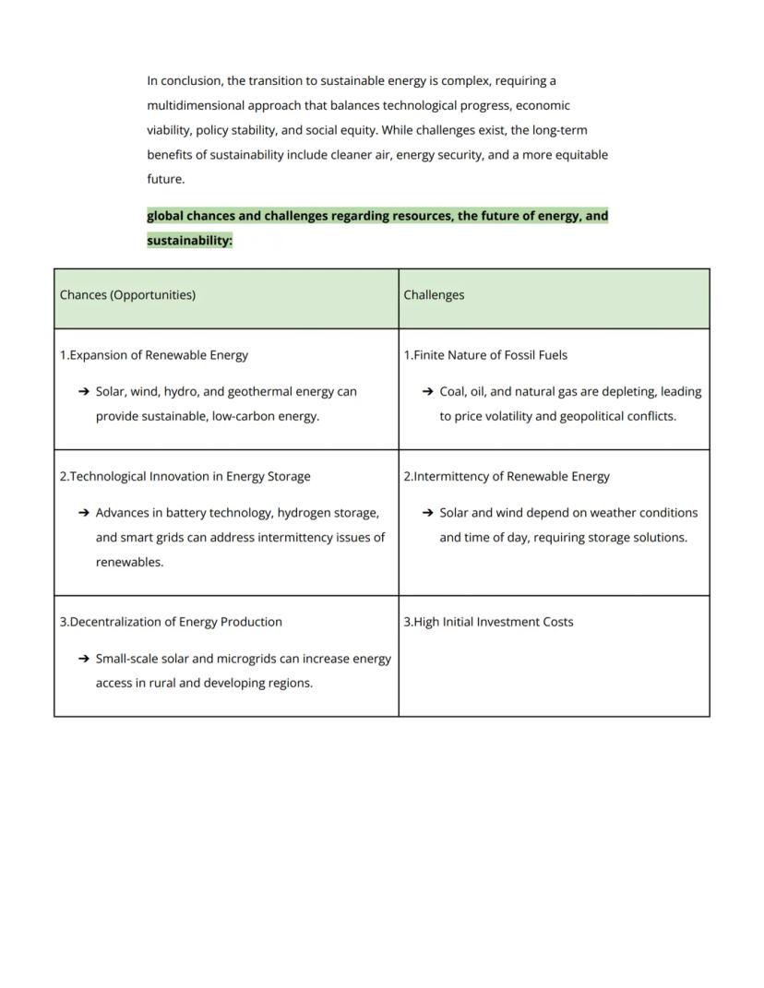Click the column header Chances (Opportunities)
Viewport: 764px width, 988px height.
(127, 295)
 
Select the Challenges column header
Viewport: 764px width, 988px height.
(434, 295)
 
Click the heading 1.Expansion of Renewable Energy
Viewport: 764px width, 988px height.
(153, 355)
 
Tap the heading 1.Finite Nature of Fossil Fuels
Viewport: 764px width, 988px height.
(485, 355)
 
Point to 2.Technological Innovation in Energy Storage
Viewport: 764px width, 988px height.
(185, 477)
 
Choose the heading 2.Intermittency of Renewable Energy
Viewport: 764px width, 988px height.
(507, 477)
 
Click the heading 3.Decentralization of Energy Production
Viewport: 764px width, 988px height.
(171, 622)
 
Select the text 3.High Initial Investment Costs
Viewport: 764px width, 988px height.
(488, 622)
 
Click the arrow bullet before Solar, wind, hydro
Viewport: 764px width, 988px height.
(84, 392)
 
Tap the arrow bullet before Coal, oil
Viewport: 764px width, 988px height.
(427, 392)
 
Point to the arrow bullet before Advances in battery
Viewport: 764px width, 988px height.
(84, 513)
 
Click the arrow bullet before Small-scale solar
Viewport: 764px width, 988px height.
(84, 659)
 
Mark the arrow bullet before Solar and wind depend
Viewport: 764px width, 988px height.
(427, 513)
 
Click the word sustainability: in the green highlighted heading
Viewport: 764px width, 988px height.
(189, 241)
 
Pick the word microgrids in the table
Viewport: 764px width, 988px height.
(258, 659)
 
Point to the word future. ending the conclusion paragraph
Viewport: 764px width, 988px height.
(165, 179)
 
